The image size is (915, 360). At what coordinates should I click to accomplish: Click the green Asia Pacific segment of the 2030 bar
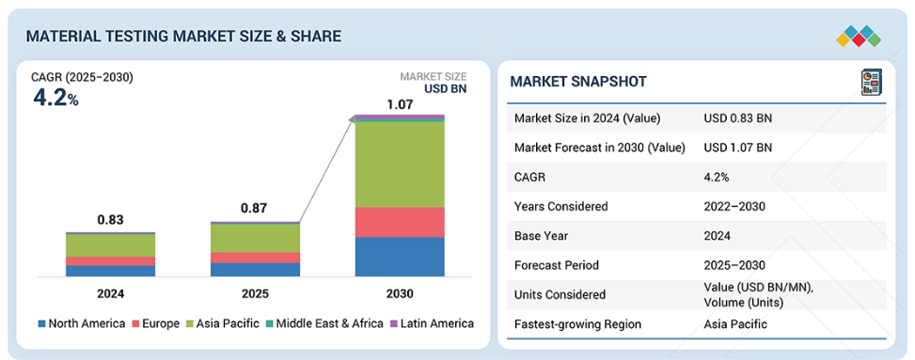tap(400, 164)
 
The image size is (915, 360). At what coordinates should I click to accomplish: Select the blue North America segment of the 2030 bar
tap(400, 257)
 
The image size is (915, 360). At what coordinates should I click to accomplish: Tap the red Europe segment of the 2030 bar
tap(400, 223)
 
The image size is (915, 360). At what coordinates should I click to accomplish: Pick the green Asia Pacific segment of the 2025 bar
tap(255, 239)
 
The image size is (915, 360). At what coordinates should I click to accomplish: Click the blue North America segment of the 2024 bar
tap(110, 272)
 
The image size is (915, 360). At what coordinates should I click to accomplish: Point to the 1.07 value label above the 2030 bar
tap(400, 105)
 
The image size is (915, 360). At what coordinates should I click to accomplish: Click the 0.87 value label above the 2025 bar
tap(255, 210)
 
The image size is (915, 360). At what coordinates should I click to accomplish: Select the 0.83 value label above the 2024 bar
tap(110, 220)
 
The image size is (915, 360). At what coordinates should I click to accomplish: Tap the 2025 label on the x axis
tap(255, 293)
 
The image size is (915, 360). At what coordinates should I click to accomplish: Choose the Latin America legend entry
tap(432, 323)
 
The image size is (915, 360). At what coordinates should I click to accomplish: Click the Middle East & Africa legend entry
tap(323, 323)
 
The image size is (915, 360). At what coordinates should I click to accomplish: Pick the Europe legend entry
tap(156, 323)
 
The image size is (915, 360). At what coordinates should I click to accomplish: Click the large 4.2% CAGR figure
tap(56, 98)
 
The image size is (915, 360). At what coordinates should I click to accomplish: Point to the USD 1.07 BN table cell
tap(737, 148)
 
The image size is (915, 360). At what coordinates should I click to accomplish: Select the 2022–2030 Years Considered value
tap(734, 206)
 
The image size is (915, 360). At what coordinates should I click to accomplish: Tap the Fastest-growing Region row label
tap(577, 324)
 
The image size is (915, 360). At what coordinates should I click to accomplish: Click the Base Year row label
tap(541, 236)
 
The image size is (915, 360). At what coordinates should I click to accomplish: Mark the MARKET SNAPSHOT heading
tap(578, 82)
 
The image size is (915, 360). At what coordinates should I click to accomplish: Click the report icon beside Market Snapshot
tap(872, 83)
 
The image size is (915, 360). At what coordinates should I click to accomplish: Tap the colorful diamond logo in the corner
tap(859, 36)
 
